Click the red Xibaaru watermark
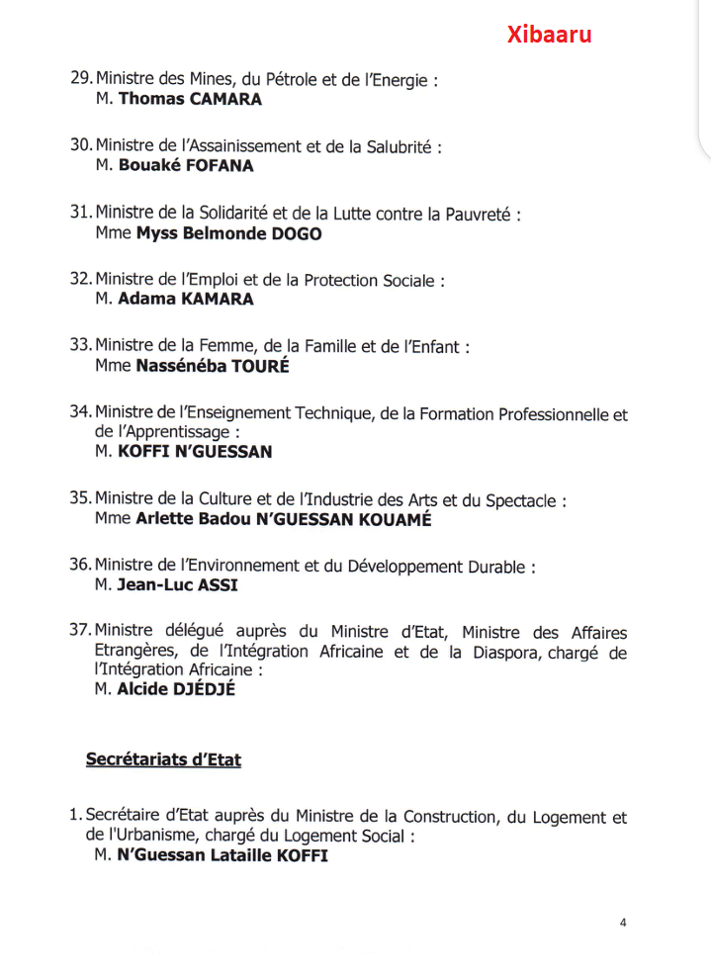(x=550, y=35)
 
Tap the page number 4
(x=623, y=923)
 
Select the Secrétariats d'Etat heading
(x=163, y=759)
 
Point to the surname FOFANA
(x=220, y=166)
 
